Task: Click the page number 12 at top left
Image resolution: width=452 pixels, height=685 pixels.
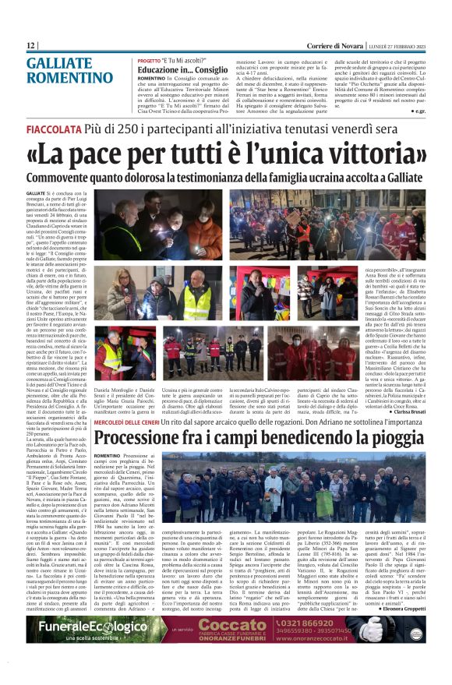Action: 31,46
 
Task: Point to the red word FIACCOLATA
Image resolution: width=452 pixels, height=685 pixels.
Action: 58,127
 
